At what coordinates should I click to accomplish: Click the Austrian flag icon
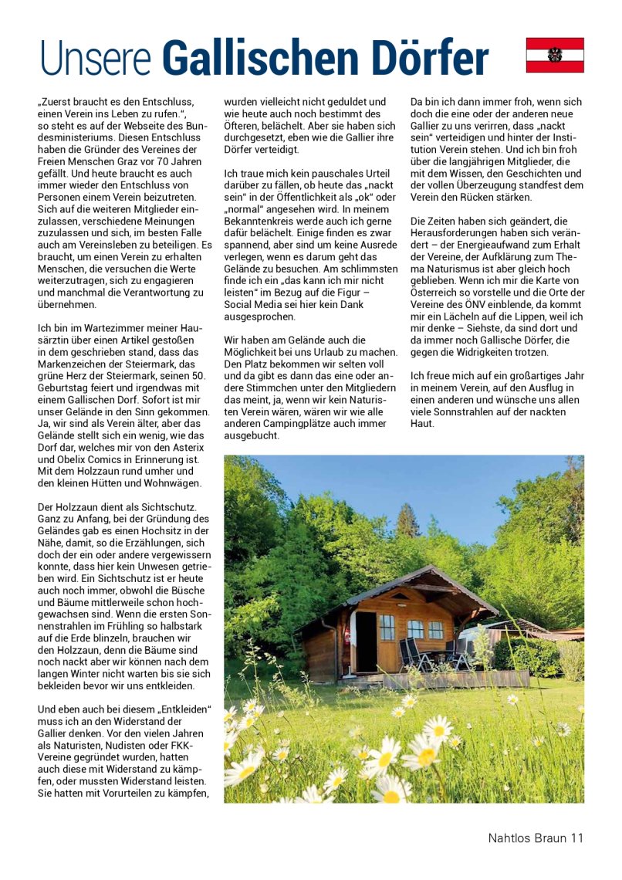[555, 55]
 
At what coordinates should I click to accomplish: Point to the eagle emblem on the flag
[555, 55]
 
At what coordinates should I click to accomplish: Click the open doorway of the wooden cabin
[365, 641]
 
